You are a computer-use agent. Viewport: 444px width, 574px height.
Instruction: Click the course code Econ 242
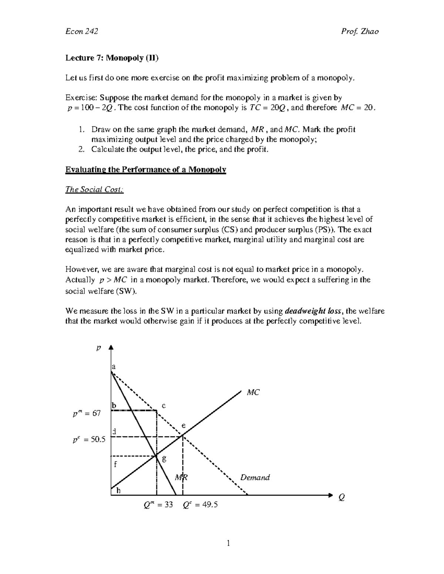click(81, 31)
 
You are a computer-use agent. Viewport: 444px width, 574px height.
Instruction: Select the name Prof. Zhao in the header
click(360, 31)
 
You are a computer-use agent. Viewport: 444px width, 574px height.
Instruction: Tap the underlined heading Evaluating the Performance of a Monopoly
click(145, 170)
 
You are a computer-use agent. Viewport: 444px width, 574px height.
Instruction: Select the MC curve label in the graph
click(253, 393)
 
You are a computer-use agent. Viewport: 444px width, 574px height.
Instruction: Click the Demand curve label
click(255, 478)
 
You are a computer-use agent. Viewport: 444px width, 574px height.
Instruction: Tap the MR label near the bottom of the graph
click(181, 478)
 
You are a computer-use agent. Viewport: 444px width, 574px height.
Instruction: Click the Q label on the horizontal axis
click(342, 498)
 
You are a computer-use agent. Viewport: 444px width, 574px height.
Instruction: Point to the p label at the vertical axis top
click(98, 348)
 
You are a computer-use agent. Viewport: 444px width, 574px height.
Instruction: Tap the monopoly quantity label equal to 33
click(158, 505)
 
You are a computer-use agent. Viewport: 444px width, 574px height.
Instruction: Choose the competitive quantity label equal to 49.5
click(200, 505)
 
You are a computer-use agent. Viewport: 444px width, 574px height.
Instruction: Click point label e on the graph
click(183, 426)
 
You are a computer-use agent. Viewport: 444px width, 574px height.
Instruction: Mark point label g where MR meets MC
click(164, 459)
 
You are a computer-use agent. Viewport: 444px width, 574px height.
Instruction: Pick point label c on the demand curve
click(163, 405)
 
